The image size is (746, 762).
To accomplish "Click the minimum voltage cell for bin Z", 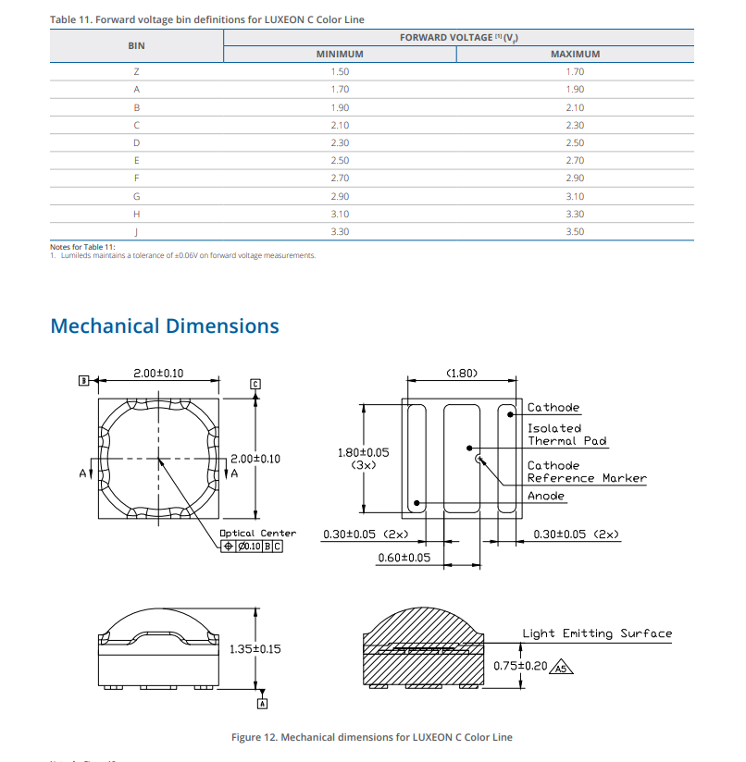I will pos(340,71).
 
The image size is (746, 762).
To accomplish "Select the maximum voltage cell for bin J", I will pos(575,231).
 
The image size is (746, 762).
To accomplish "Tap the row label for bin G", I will pos(136,196).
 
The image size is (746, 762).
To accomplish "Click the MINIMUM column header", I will pos(340,54).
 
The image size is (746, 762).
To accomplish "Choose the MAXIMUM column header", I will pos(575,54).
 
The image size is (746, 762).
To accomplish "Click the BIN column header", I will pos(136,45).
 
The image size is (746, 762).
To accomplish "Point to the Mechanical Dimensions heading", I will pos(165,326).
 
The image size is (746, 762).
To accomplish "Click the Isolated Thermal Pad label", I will pos(566,435).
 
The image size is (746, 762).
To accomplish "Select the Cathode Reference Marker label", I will pos(586,472).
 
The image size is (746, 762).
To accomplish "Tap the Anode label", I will pos(545,496).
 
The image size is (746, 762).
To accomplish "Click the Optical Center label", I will pos(257,533).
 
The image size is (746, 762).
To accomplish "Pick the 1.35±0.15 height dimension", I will pos(255,649).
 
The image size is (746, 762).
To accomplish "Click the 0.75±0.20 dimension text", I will pos(520,665).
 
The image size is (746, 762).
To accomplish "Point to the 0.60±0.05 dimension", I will pos(404,558).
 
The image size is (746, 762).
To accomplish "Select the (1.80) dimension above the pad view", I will pos(461,374).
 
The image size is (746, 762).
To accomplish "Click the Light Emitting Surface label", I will pos(597,633).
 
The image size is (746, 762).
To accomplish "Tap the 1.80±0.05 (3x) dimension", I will pos(363,459).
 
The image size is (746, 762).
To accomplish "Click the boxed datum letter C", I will pos(256,384).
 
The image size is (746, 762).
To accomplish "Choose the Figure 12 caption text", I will pos(371,737).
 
